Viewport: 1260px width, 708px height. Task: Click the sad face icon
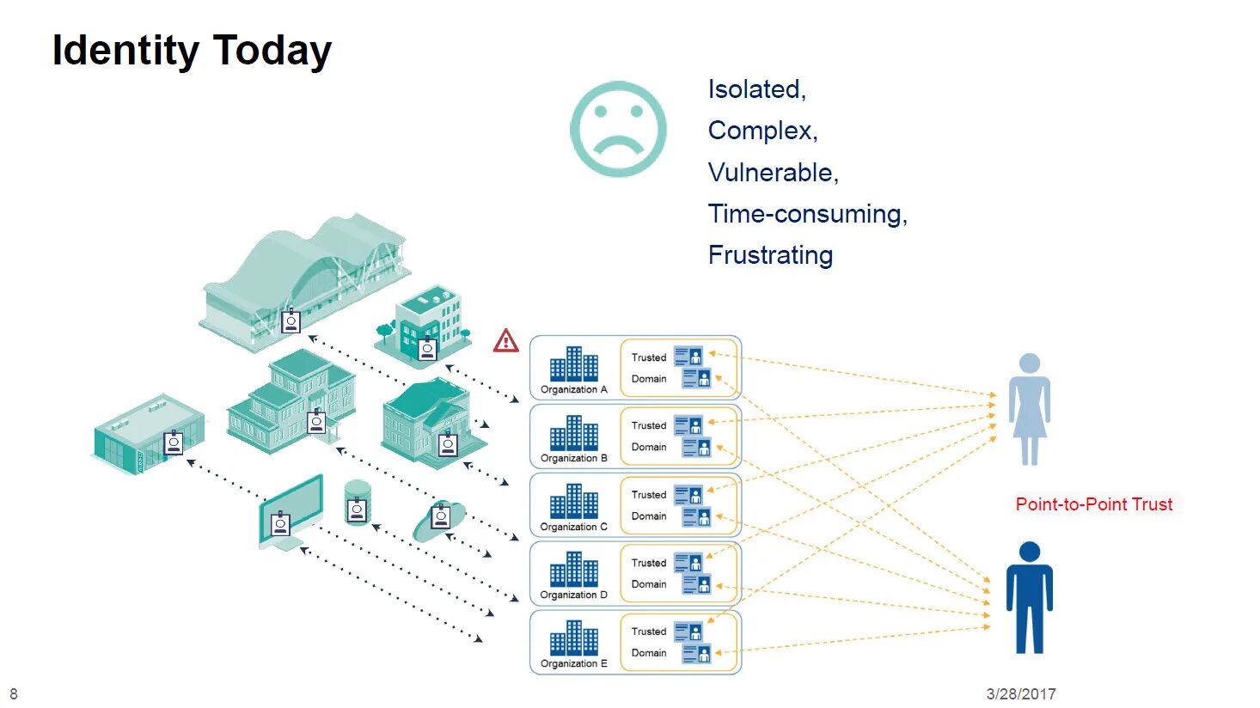618,129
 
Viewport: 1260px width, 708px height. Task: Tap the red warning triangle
506,341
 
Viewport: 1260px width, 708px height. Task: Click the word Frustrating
770,255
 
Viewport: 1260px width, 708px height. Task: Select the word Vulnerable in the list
771,173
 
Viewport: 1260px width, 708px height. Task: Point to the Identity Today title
192,51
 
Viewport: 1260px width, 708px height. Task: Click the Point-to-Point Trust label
1093,504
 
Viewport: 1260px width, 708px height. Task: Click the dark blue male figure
1029,598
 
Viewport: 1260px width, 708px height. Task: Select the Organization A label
573,390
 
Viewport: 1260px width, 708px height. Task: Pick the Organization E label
573,664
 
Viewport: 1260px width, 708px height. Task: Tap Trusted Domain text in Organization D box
649,573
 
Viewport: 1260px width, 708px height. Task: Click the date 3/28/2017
1020,693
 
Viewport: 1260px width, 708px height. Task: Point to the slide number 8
14,693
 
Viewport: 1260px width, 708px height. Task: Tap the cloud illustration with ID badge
440,519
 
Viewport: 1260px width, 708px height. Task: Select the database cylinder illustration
357,504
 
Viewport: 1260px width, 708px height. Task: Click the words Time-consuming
806,214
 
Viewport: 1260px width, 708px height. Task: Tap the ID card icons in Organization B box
693,436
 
